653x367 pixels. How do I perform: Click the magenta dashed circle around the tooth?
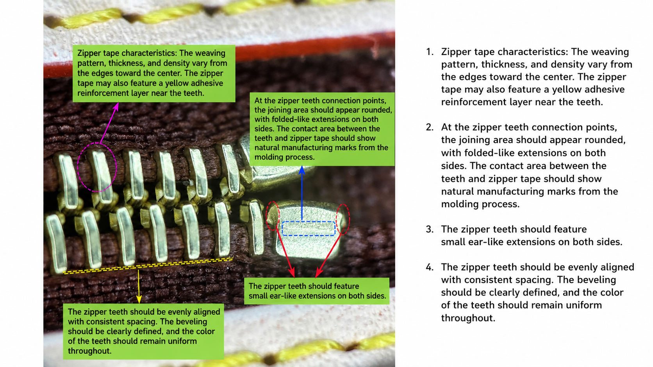pyautogui.click(x=78, y=167)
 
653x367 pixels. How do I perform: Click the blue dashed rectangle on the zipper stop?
pyautogui.click(x=309, y=222)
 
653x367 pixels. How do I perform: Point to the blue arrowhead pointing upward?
pyautogui.click(x=302, y=170)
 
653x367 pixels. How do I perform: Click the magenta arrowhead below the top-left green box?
pyautogui.click(x=116, y=106)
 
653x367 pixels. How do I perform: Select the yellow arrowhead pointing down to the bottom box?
pyautogui.click(x=139, y=300)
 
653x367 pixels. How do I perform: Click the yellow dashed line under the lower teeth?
pyautogui.click(x=148, y=266)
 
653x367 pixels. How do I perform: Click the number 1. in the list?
pyautogui.click(x=430, y=52)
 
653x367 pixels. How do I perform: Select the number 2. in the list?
pyautogui.click(x=430, y=127)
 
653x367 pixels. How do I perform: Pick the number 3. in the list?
pyautogui.click(x=430, y=229)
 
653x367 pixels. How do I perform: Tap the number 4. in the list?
pyautogui.click(x=430, y=267)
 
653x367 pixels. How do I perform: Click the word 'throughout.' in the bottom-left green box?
pyautogui.click(x=90, y=351)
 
